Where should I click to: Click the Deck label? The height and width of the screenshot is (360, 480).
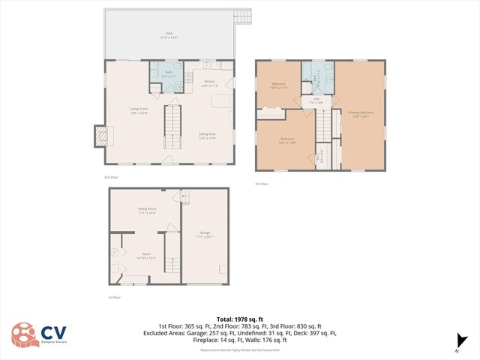click(169, 34)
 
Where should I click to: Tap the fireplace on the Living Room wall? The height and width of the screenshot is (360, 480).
click(100, 136)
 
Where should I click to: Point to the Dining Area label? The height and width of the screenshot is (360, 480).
click(208, 136)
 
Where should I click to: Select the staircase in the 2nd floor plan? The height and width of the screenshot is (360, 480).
click(173, 126)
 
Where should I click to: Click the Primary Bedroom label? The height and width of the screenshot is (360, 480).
click(360, 114)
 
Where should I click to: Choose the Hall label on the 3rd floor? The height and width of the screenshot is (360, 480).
click(316, 100)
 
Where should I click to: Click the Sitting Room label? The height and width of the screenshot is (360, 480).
click(146, 211)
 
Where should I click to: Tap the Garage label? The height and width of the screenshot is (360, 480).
click(205, 235)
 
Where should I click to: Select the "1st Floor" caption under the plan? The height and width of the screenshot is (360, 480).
click(115, 298)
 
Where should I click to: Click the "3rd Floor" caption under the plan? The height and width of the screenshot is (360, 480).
click(262, 183)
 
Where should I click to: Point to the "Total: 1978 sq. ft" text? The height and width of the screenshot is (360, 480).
click(239, 319)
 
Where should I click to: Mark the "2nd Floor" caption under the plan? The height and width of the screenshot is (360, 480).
click(111, 177)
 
